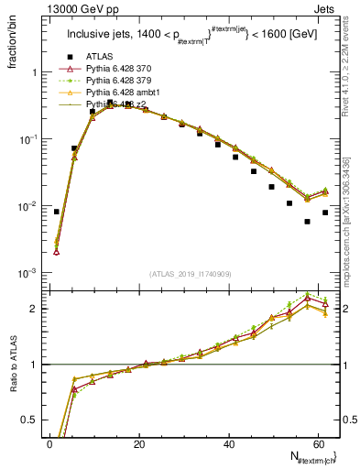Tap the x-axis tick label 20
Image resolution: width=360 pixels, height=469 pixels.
[x=139, y=445]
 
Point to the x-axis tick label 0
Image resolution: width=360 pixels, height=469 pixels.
[x=49, y=445]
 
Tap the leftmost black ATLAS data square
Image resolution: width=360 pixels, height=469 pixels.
[x=57, y=212]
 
